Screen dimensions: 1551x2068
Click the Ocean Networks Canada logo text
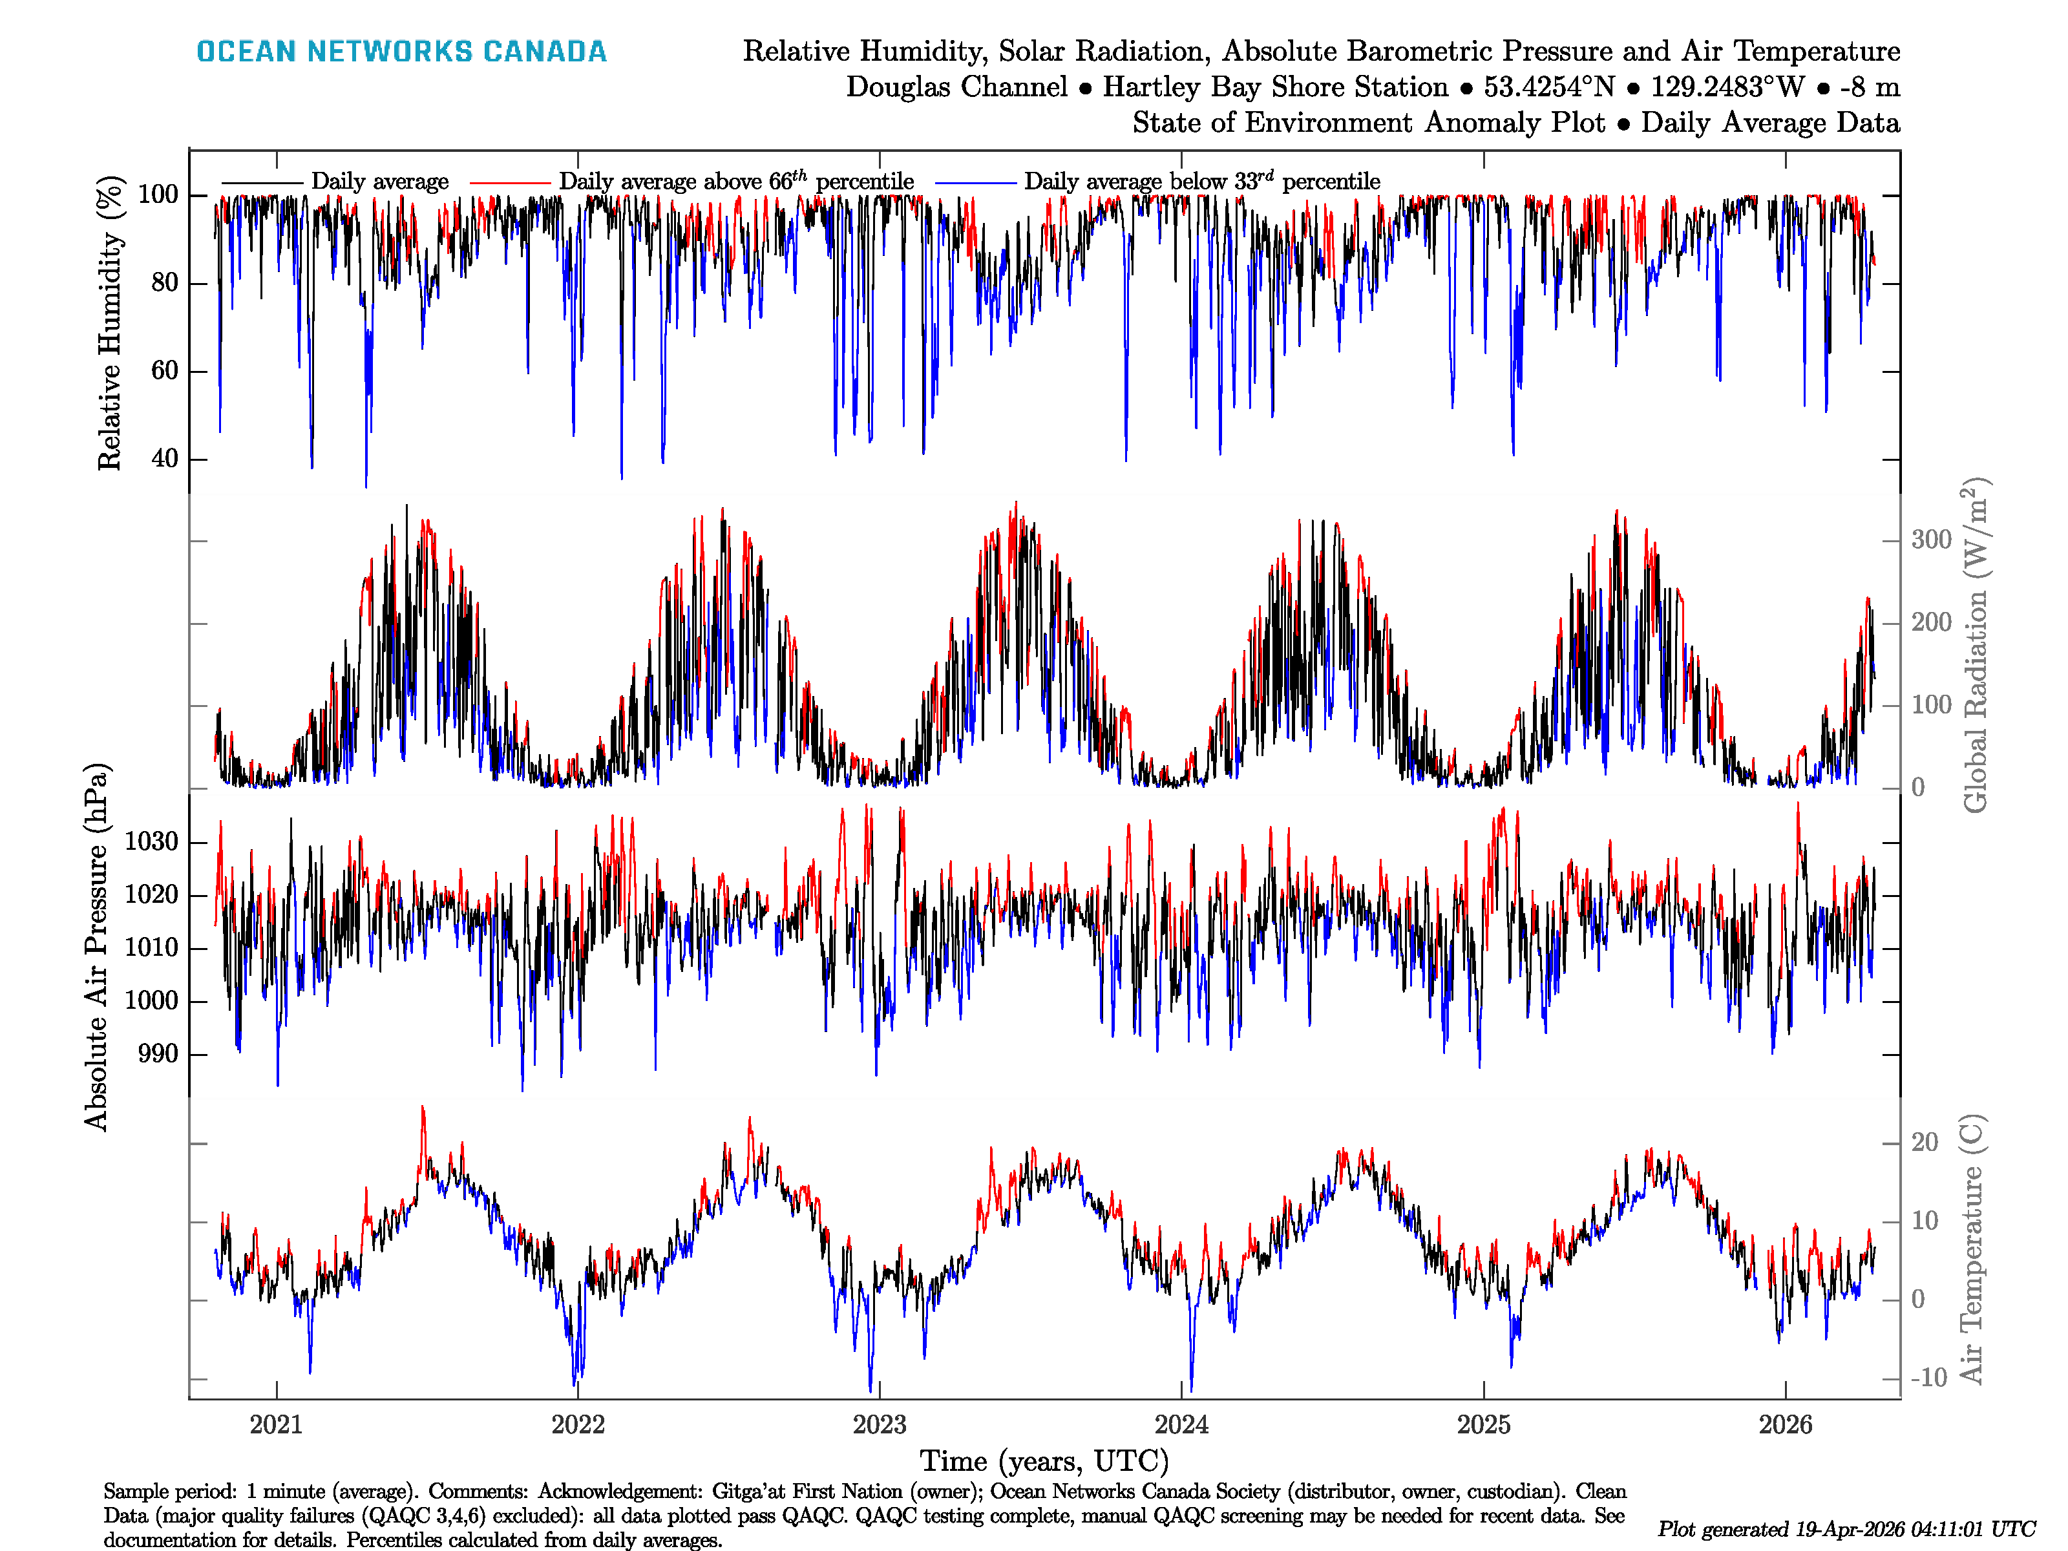401,52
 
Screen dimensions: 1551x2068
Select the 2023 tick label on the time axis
879,1425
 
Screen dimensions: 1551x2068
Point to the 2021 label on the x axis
276,1425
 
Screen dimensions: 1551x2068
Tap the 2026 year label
1785,1425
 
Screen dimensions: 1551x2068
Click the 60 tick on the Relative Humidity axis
165,371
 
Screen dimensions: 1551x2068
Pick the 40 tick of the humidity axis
165,459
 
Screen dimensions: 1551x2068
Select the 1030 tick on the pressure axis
151,842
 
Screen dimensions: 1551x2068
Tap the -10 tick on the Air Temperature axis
1928,1378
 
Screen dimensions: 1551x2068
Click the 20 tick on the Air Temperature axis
1924,1143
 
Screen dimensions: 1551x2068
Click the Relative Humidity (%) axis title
111,322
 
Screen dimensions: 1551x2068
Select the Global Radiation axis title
1974,645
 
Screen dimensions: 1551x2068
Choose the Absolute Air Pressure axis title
96,947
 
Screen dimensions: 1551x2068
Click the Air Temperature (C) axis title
1971,1248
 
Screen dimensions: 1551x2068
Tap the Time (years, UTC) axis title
1044,1461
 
